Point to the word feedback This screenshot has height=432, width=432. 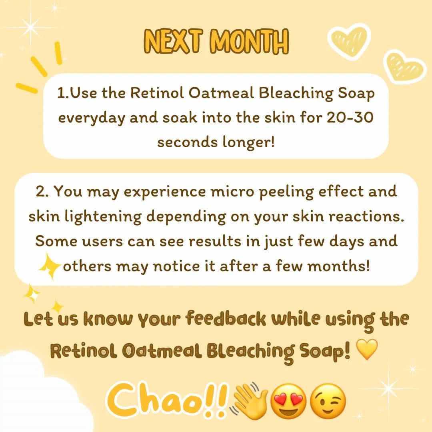pos(226,319)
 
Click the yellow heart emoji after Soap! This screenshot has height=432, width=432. pos(366,350)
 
